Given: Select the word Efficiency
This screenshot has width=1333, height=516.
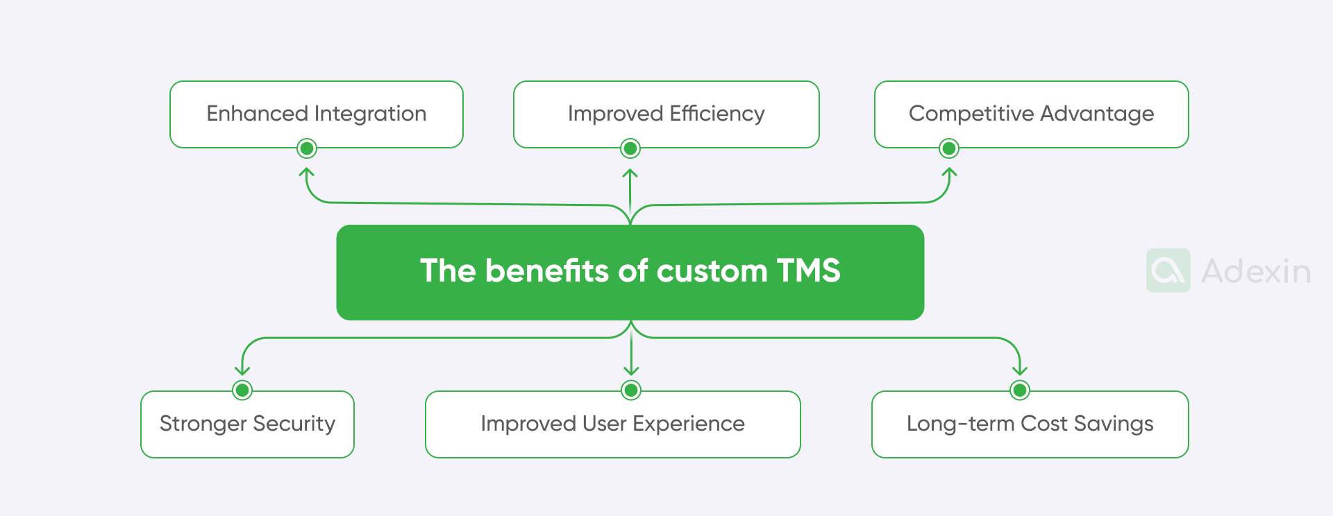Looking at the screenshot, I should point(717,113).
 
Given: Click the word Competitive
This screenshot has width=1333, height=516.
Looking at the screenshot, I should point(971,114).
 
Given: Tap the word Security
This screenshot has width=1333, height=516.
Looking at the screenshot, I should point(294,424).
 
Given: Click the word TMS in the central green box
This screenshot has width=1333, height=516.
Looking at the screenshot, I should point(808,270).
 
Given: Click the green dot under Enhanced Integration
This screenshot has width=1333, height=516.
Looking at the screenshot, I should point(307,148).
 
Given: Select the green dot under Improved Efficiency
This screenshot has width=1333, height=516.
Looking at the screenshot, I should point(630,148).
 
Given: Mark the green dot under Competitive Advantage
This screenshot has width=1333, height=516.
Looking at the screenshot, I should point(949,148).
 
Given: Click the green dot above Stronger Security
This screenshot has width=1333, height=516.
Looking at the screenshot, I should point(242,390).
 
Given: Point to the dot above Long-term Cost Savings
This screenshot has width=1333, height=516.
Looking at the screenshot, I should point(1019,390).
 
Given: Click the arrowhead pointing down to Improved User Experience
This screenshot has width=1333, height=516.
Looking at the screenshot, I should point(631,370).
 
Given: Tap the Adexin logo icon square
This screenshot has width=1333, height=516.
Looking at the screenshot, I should point(1168,270).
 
